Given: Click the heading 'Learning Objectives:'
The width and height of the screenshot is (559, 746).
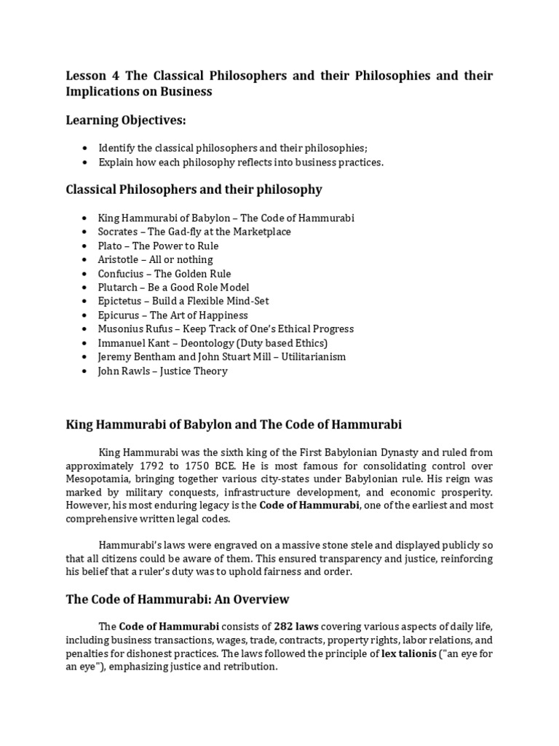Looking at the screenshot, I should click(x=127, y=119).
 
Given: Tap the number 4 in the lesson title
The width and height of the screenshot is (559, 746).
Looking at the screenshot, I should click(x=111, y=76).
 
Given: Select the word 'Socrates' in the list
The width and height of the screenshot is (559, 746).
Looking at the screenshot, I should click(x=117, y=232).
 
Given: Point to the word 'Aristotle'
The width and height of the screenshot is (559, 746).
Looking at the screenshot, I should click(x=119, y=259).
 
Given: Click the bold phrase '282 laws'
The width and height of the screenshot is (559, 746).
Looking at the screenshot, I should click(x=296, y=627).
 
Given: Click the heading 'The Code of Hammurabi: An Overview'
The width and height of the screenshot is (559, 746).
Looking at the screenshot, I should click(x=178, y=600).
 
